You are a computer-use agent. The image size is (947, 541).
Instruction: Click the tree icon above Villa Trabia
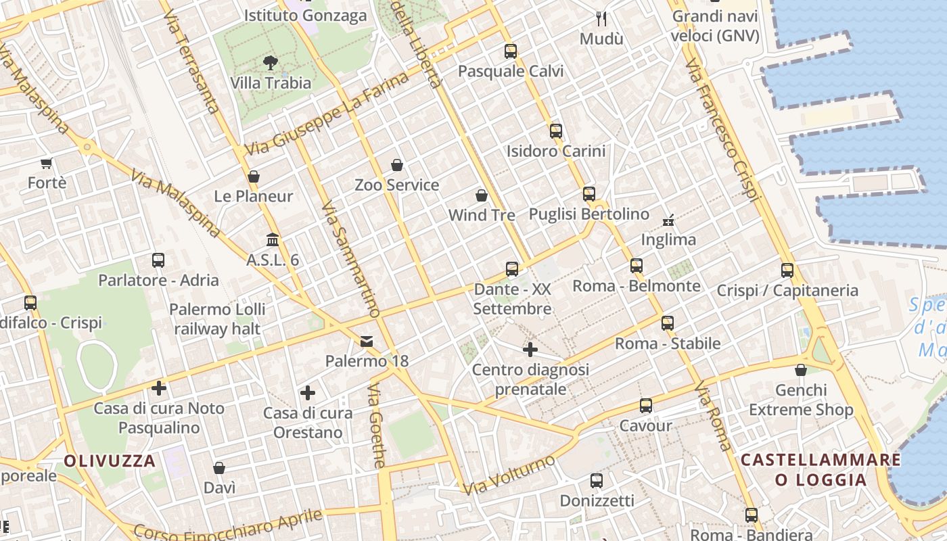[x=271, y=64]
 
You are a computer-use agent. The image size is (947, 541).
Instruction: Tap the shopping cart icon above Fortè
[x=47, y=163]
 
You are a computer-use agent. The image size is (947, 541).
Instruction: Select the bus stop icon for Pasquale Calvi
[x=511, y=51]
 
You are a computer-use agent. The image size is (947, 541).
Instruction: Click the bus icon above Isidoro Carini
[x=556, y=131]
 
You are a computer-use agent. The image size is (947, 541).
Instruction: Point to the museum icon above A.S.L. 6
[x=273, y=240]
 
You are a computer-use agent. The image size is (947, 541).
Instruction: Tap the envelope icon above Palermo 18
[x=367, y=342]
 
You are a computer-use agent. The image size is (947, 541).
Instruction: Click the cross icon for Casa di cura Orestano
[x=308, y=393]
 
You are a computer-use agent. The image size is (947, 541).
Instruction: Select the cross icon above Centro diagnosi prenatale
[x=530, y=350]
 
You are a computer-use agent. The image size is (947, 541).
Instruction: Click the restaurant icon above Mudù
[x=601, y=19]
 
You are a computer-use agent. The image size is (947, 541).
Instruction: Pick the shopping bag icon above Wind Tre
[x=482, y=195]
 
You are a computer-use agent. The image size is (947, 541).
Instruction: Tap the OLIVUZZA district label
[x=110, y=461]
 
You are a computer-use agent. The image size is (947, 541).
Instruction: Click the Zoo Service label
[x=397, y=185]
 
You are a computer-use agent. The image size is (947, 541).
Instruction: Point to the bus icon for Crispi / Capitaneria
[x=787, y=270]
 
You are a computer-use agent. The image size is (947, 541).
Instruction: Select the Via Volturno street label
[x=509, y=475]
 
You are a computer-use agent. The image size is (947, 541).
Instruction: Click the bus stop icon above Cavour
[x=646, y=406]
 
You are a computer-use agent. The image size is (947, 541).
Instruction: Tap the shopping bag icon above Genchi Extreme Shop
[x=801, y=370]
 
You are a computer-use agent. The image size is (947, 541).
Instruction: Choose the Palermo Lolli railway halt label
[x=217, y=319]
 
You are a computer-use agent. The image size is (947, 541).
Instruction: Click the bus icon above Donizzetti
[x=597, y=481]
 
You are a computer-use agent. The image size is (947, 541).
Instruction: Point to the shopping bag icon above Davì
[x=219, y=468]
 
